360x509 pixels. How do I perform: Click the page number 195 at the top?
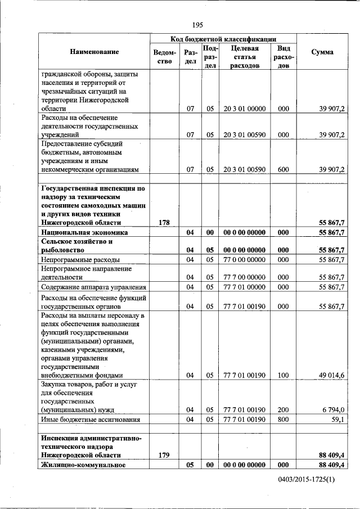(x=197, y=25)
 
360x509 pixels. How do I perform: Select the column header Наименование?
(x=94, y=52)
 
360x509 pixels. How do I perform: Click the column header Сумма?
(x=322, y=52)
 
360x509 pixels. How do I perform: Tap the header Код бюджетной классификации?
(x=223, y=39)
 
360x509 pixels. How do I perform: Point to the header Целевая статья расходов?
(x=244, y=57)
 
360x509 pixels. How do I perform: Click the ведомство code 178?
(x=164, y=223)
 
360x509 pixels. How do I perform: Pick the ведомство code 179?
(x=164, y=455)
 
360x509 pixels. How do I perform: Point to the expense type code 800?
(x=283, y=420)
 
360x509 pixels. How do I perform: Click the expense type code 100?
(x=283, y=375)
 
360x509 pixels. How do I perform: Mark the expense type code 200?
(x=283, y=410)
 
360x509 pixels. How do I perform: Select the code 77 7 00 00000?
(x=244, y=277)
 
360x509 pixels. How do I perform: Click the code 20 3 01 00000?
(x=244, y=109)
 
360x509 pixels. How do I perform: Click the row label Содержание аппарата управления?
(x=93, y=287)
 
